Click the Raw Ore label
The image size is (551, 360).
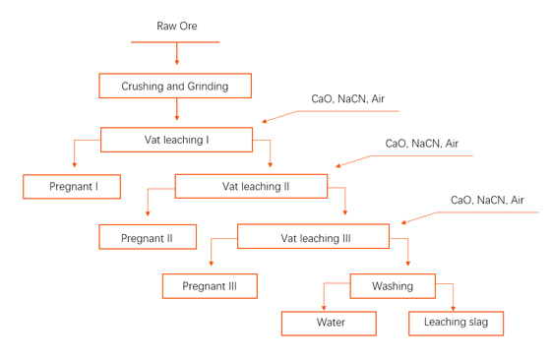pos(176,26)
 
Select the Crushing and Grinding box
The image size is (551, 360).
pos(175,87)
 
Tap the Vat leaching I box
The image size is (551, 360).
pos(176,140)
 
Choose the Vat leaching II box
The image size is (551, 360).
pos(254,186)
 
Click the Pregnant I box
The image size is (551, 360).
pos(73,187)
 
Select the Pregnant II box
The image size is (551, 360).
pos(147,238)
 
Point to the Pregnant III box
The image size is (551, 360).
pos(210,286)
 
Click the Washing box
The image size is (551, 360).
pos(393,286)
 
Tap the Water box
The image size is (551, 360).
pos(330,323)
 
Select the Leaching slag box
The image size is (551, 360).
pos(457,323)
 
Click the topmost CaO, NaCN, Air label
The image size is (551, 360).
pos(347,99)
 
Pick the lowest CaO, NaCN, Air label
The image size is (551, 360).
pos(487,201)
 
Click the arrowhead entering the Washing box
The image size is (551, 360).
pos(408,268)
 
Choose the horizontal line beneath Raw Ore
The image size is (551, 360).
pos(175,42)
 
